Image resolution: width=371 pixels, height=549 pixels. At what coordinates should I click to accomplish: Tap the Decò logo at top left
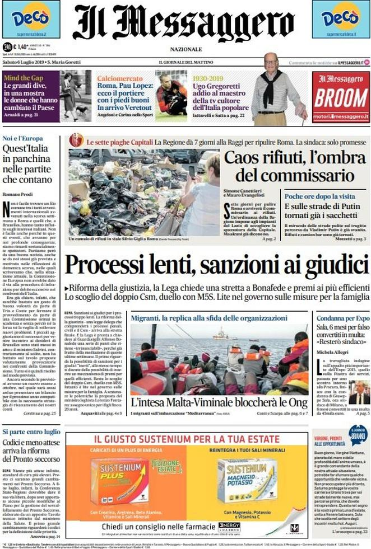coord(30,18)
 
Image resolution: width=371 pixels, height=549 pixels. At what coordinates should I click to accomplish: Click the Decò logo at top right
coord(341,18)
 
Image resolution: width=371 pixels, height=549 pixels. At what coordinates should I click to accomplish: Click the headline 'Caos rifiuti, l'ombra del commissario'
coord(291,167)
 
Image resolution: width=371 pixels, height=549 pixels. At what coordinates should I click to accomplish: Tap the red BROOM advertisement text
coord(341,97)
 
